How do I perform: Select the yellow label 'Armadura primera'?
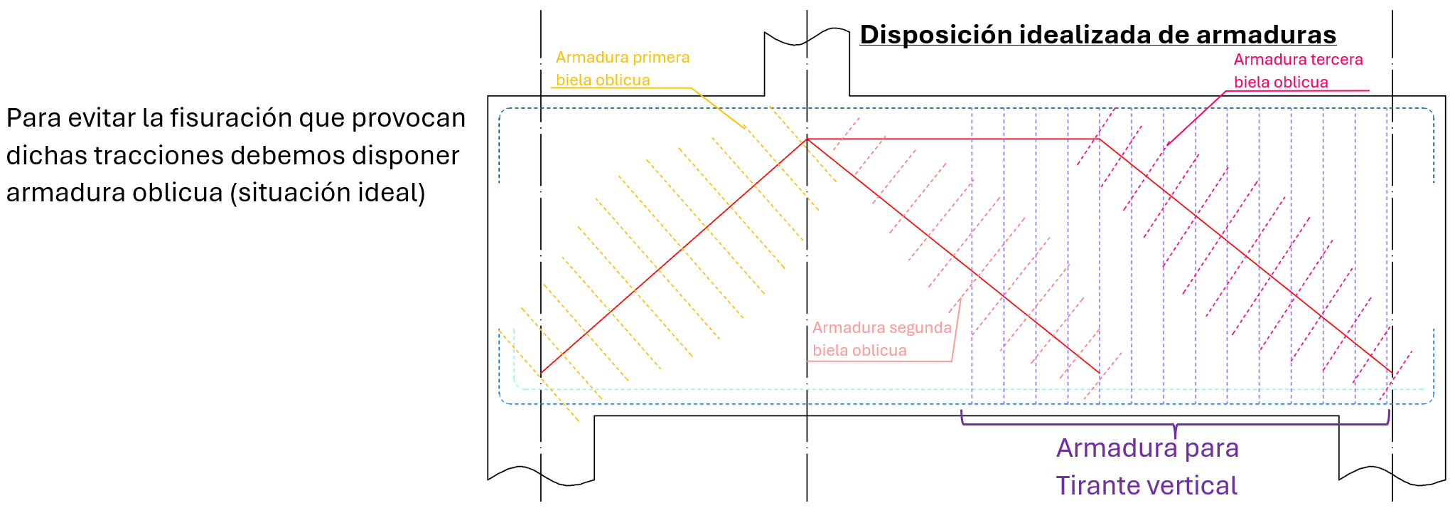[623, 58]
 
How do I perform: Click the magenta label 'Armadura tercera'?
[1298, 60]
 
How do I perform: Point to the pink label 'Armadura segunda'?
[881, 328]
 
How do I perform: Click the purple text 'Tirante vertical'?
[1146, 485]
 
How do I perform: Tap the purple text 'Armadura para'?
[1147, 448]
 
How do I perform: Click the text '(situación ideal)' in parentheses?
[328, 193]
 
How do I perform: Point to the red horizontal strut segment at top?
[952, 139]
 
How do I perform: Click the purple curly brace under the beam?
[1175, 425]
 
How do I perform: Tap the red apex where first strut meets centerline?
[807, 139]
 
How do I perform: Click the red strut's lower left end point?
[542, 373]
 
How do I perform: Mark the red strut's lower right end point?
[1392, 372]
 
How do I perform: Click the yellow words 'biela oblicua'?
[603, 80]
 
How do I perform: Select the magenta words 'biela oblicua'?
[1281, 83]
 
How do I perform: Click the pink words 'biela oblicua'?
[859, 351]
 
